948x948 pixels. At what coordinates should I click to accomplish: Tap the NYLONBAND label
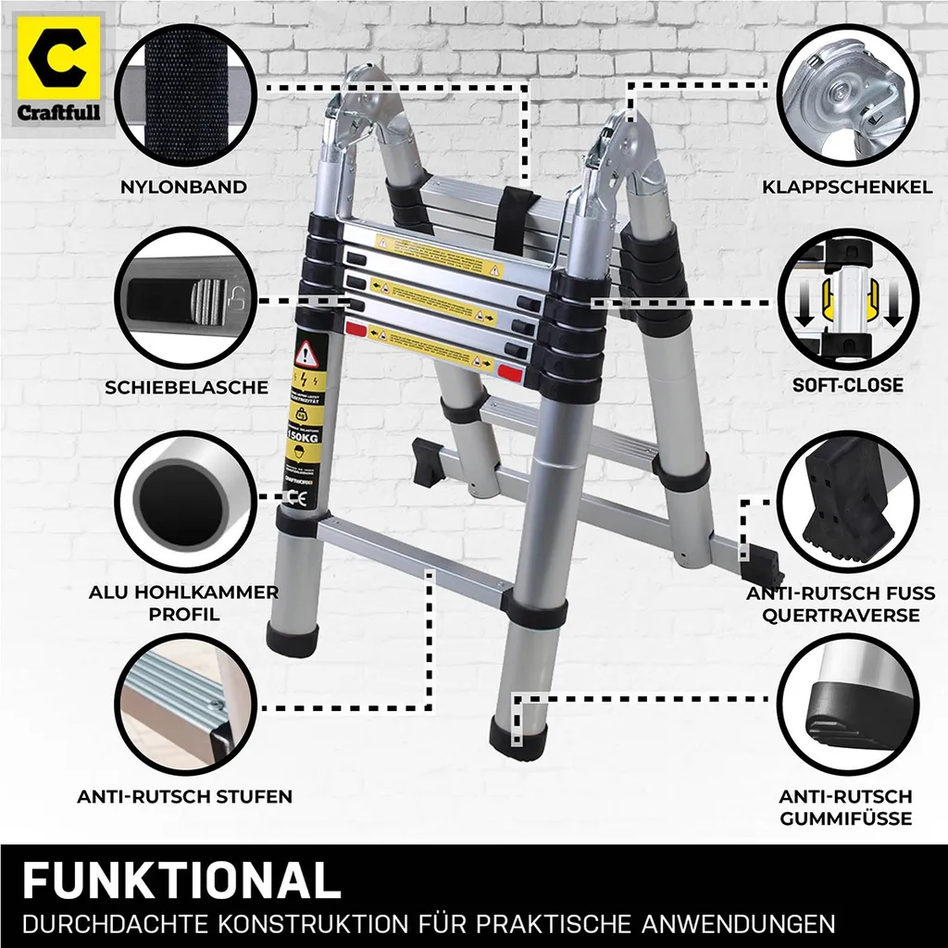click(183, 187)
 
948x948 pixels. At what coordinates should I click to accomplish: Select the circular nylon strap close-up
click(183, 95)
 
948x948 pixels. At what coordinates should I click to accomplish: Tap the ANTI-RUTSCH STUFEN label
click(184, 796)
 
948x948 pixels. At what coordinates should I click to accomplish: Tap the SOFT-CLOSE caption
click(847, 385)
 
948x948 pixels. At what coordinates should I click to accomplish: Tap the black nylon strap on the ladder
click(510, 219)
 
